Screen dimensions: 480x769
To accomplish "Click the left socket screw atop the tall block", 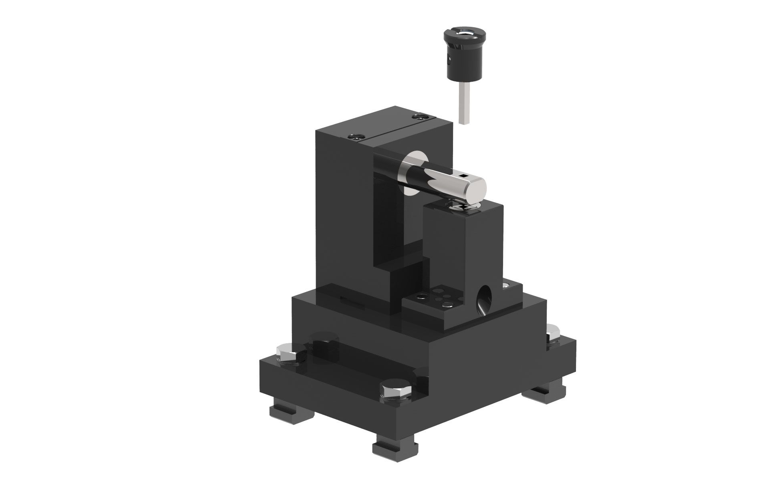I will [x=354, y=137].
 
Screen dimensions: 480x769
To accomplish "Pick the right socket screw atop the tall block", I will [x=419, y=117].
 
